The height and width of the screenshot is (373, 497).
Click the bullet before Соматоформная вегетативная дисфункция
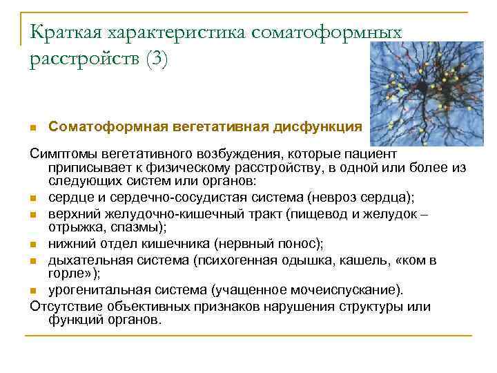(33, 128)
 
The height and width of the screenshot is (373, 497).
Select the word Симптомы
(63, 152)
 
